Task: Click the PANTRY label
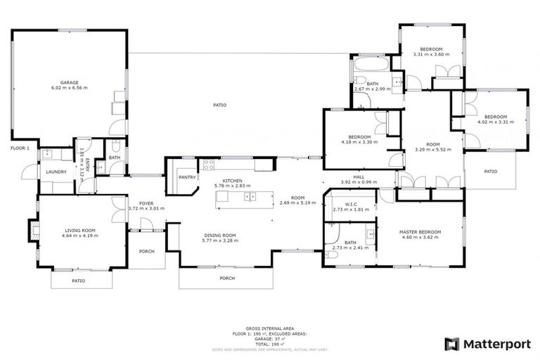[186, 177]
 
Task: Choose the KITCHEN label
[232, 181]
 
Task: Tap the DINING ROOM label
[219, 235]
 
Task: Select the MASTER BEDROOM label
[420, 232]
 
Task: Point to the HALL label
[359, 177]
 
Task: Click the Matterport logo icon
[451, 344]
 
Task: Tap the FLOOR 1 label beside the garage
[20, 148]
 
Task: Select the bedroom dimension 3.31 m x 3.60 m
[430, 54]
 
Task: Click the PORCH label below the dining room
[227, 278]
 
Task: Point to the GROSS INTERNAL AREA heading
[269, 328]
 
